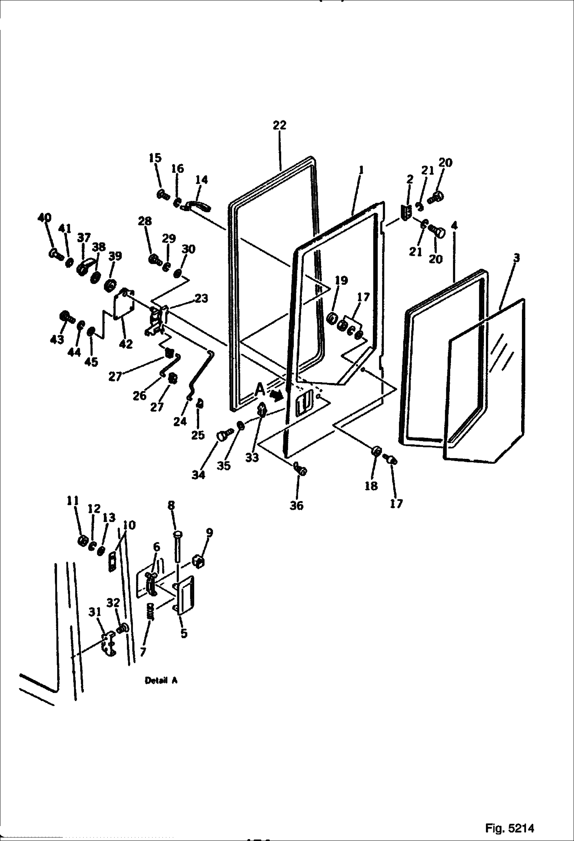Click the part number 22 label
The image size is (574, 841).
coord(279,125)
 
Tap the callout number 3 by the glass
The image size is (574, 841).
coord(516,258)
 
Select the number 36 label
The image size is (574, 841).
coord(297,506)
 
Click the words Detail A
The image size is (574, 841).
coord(161,681)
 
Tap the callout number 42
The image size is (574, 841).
coord(126,344)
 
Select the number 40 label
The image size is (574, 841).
coord(44,218)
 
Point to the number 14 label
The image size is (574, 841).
coord(202,179)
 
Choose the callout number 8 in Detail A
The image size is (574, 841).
coord(171,505)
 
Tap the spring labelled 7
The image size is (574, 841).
coord(151,613)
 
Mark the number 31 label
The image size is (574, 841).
coord(95,612)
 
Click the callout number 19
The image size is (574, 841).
coord(341,280)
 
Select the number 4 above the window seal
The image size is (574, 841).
coord(454,226)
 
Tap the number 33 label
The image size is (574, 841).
coord(252,457)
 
